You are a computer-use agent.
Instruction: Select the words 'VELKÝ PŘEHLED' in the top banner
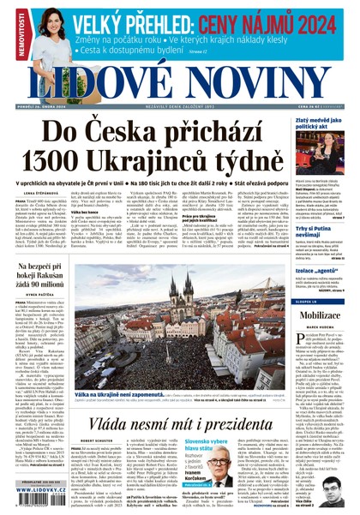[138, 24]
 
